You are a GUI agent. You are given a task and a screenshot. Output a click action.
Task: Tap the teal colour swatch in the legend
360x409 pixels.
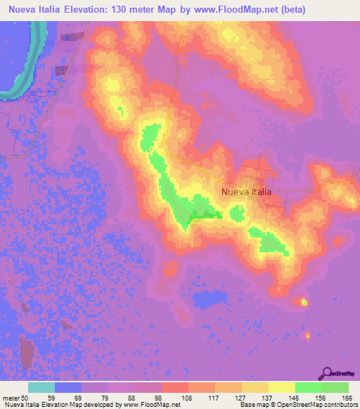(41, 387)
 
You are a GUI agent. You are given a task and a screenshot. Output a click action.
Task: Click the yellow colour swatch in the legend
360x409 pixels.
(281, 387)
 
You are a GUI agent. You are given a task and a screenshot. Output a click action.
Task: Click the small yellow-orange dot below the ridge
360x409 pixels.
(304, 302)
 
